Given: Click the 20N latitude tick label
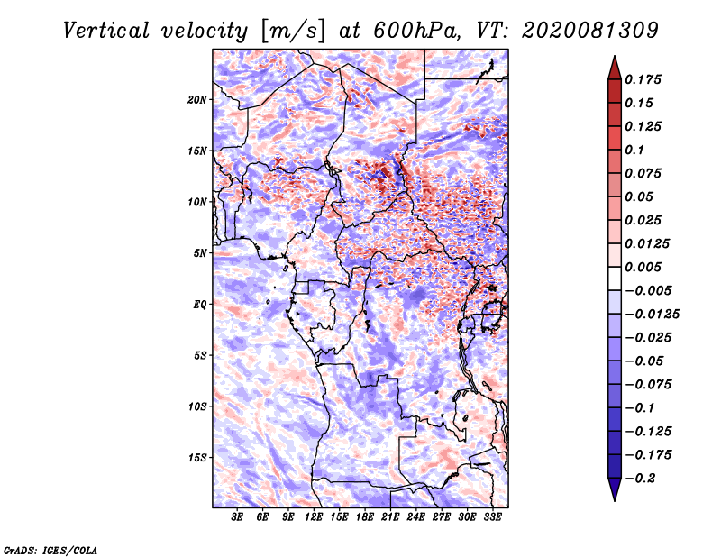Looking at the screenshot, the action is click(x=197, y=100).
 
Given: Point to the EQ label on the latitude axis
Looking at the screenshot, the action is click(x=199, y=305).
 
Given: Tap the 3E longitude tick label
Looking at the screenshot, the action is click(x=237, y=517).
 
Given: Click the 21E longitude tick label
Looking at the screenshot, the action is click(x=390, y=517).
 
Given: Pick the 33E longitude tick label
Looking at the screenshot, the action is click(x=492, y=517).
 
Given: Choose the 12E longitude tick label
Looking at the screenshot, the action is click(x=313, y=517).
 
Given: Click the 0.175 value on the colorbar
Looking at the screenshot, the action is click(x=643, y=79).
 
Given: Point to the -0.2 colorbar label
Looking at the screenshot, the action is click(x=640, y=479).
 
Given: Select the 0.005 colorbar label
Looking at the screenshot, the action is click(x=643, y=267).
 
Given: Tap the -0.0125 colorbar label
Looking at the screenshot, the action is click(x=652, y=315).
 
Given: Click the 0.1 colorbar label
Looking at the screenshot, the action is click(x=634, y=150).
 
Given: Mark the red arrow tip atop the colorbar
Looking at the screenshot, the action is click(x=615, y=57).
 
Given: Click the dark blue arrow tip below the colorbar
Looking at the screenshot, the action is click(x=615, y=500).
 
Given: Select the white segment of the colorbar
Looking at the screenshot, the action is click(x=615, y=278).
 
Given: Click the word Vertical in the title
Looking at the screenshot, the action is click(x=105, y=31).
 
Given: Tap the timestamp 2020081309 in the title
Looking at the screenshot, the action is click(x=590, y=31).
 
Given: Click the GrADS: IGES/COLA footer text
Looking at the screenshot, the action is click(x=50, y=551).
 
